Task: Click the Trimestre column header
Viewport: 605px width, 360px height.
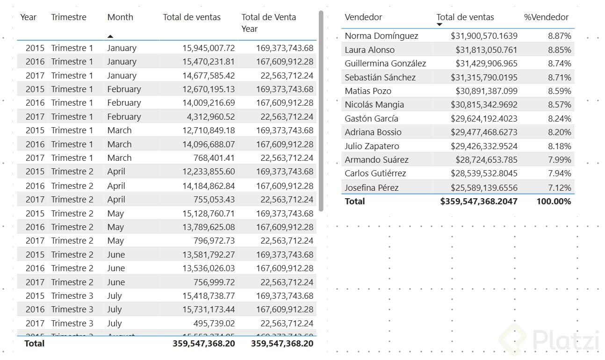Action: pyautogui.click(x=69, y=17)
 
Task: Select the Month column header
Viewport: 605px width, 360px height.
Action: pyautogui.click(x=120, y=17)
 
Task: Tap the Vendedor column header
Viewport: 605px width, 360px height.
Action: pyautogui.click(x=363, y=17)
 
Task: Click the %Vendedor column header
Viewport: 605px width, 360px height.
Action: pyautogui.click(x=546, y=17)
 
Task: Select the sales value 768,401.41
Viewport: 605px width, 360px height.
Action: pyautogui.click(x=214, y=158)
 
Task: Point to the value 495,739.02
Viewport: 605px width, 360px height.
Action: pyautogui.click(x=214, y=324)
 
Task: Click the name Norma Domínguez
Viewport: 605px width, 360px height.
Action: pyautogui.click(x=382, y=36)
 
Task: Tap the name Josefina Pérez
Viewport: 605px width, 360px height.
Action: pyautogui.click(x=372, y=188)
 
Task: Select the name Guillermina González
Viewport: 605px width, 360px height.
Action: pyautogui.click(x=385, y=64)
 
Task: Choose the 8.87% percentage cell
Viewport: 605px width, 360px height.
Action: pyautogui.click(x=560, y=36)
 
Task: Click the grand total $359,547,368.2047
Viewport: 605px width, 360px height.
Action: pyautogui.click(x=479, y=202)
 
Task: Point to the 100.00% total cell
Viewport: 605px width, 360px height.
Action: pyautogui.click(x=554, y=202)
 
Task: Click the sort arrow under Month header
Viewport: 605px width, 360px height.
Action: pyautogui.click(x=110, y=36)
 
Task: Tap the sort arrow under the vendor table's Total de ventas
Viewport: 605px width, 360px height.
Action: pyautogui.click(x=439, y=25)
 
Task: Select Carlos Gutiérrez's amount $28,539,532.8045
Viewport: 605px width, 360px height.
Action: pyautogui.click(x=484, y=173)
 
